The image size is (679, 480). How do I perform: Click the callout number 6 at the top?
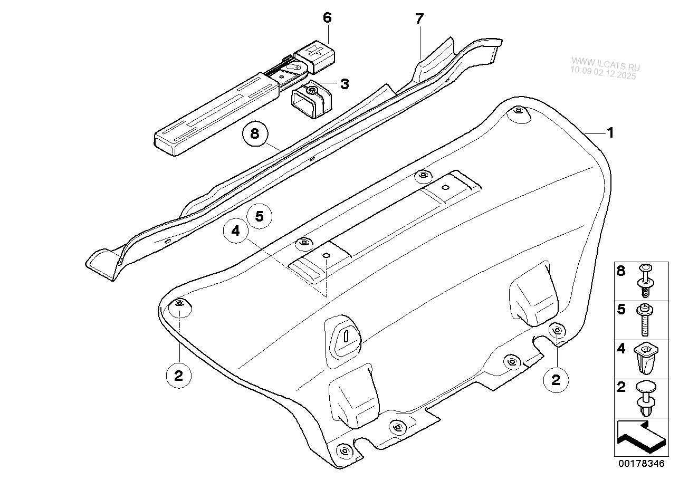point(328,17)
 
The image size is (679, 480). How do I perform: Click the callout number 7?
point(419,19)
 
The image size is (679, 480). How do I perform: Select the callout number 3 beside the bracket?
point(345,84)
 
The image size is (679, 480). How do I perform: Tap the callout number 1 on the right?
point(610,133)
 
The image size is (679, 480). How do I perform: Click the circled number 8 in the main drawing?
point(255,133)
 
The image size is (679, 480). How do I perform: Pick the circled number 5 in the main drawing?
point(260,216)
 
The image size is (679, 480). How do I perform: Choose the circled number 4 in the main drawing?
point(236,231)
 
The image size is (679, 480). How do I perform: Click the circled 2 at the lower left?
point(179,376)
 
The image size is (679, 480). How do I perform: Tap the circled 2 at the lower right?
point(556,380)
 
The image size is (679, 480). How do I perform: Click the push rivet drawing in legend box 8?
point(646,280)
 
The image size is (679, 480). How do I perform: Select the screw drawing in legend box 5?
point(645,320)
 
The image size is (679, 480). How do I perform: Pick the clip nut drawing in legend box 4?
point(646,361)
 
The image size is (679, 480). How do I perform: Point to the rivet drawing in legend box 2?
point(646,398)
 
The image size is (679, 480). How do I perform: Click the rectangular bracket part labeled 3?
point(311,99)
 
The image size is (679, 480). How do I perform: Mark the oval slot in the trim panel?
point(347,336)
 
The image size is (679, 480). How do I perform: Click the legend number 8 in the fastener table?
point(621,271)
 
